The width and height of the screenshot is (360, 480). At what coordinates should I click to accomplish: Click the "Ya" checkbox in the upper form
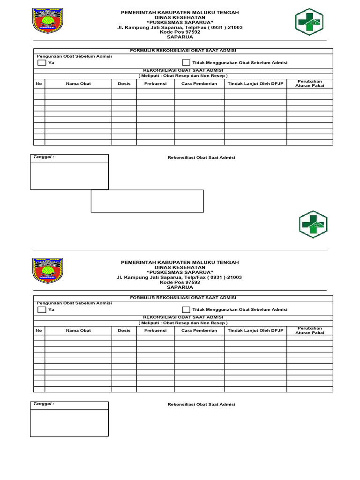42,62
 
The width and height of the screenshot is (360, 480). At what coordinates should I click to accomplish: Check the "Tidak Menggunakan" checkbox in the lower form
186,309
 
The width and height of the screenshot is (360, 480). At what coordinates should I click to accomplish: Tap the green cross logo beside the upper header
309,22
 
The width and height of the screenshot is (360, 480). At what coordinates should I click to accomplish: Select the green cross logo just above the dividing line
313,224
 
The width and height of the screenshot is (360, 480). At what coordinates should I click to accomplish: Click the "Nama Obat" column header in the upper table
78,83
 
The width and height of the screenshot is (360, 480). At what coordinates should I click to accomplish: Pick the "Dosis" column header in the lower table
124,330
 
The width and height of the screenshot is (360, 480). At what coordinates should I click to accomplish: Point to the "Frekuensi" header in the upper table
156,83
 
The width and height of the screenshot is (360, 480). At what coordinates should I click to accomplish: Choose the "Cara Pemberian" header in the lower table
199,330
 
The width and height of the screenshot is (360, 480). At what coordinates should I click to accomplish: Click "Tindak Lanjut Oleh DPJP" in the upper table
255,83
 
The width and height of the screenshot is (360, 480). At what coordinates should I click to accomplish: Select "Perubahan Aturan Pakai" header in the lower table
310,330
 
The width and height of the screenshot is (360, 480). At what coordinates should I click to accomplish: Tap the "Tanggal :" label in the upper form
43,157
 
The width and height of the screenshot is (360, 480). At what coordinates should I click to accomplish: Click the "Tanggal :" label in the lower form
43,404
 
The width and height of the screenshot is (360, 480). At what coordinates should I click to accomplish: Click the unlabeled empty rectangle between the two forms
147,201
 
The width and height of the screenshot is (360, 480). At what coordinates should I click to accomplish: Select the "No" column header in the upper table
39,83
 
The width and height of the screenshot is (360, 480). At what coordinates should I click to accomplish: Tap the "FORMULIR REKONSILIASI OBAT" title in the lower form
183,298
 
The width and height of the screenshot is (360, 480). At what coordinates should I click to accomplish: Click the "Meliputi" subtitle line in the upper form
183,75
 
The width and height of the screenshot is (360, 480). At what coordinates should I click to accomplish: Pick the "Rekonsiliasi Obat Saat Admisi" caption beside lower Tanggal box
201,404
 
